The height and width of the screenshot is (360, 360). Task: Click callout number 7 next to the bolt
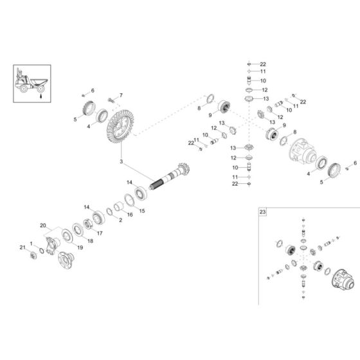coord(120,96)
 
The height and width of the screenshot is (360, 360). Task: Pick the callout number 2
coord(120,219)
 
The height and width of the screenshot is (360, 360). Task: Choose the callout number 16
coord(130,215)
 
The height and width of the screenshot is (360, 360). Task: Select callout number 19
coord(80,246)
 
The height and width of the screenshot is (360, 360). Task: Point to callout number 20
coord(44,226)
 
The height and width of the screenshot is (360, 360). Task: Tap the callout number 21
coord(21,248)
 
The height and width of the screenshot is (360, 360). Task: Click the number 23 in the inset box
coord(262,211)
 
